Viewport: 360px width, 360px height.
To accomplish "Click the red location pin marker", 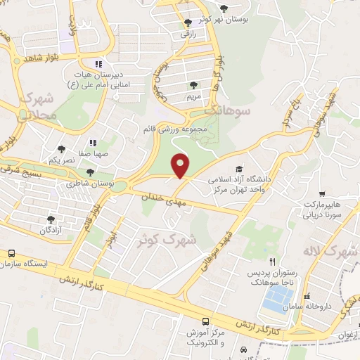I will tap(180, 165).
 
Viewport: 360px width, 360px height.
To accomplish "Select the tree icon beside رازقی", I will tap(187, 22).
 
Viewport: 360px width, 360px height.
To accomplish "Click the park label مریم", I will tap(192, 95).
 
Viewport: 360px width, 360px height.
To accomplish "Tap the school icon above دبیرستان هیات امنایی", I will tap(99, 63).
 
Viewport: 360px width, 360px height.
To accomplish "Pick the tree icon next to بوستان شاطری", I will tap(89, 172).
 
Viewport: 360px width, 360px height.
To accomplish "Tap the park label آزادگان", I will tap(51, 230).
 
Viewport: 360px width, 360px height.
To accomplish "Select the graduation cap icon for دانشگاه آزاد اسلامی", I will tap(239, 169).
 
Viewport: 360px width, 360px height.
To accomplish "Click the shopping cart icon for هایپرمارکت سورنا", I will tap(321, 193).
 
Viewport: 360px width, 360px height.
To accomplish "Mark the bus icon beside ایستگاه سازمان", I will tap(11, 253).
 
